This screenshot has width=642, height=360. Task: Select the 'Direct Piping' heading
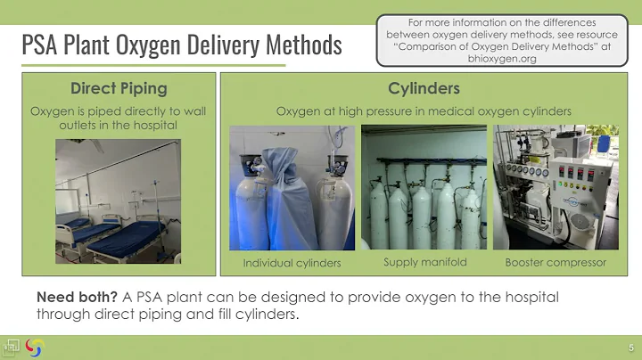(x=119, y=88)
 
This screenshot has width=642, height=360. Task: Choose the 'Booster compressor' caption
(x=556, y=263)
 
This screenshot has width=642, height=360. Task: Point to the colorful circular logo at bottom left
(x=34, y=347)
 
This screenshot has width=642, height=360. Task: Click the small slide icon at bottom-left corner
(x=12, y=346)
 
